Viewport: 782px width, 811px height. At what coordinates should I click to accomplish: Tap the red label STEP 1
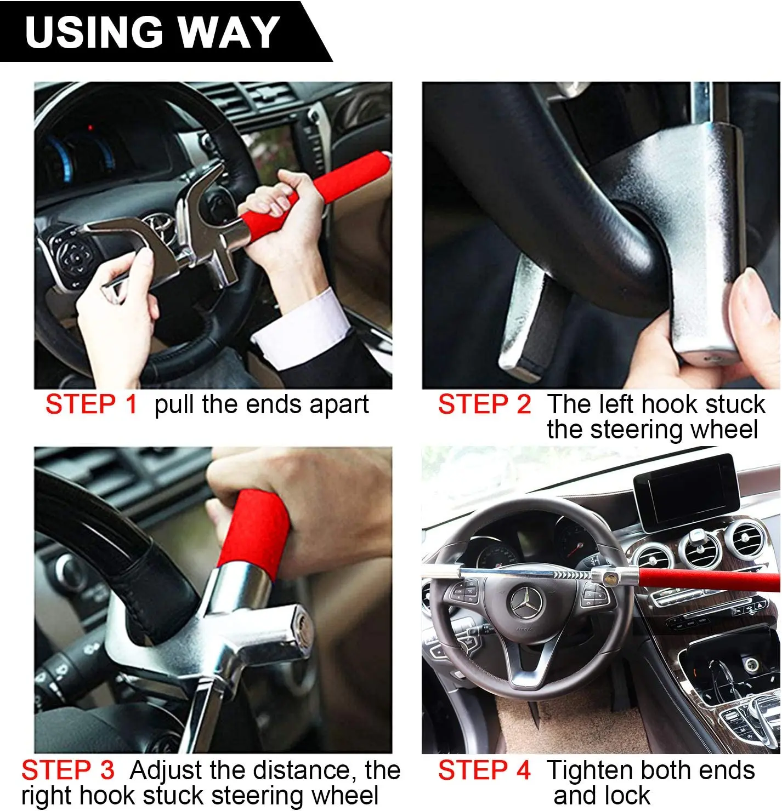(x=92, y=404)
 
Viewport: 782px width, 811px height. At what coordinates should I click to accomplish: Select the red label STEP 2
(x=484, y=404)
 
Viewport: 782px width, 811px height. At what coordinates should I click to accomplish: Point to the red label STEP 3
(x=67, y=770)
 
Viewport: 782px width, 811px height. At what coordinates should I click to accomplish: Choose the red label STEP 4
(x=484, y=770)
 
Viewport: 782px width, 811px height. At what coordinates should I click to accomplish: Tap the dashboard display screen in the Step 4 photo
(x=687, y=493)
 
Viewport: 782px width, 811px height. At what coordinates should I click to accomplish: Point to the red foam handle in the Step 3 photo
(x=255, y=533)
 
